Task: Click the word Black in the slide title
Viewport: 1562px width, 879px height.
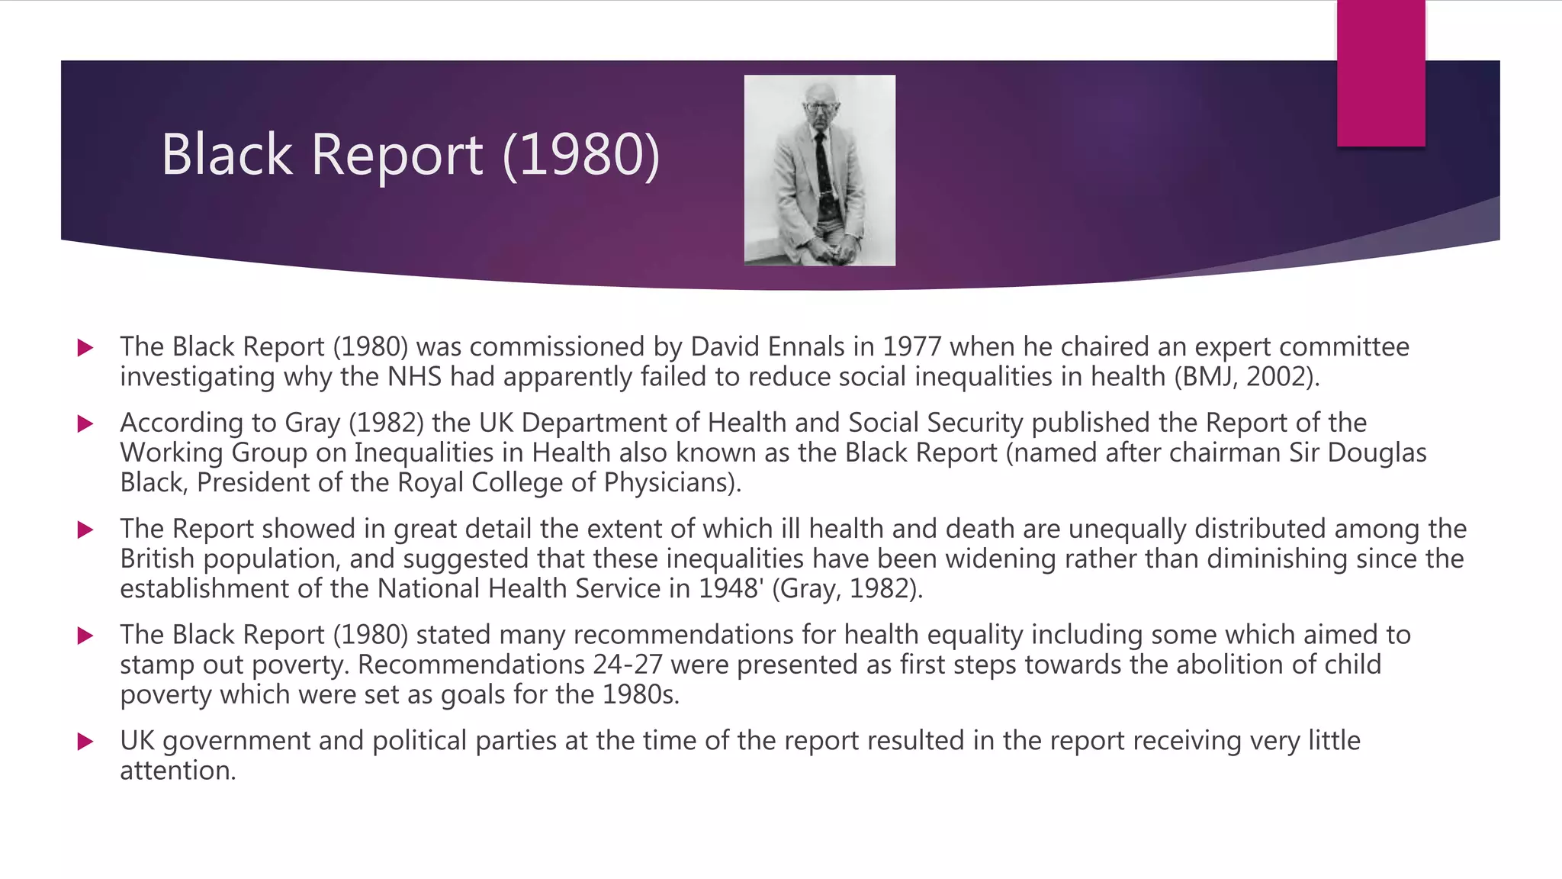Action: (x=227, y=155)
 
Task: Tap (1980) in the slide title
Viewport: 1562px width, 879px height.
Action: (x=581, y=155)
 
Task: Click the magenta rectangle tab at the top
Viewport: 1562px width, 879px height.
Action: (x=1380, y=72)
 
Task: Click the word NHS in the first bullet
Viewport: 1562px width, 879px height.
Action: (x=414, y=377)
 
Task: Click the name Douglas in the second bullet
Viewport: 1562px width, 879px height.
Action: (x=1377, y=453)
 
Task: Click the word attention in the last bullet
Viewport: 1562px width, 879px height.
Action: (x=178, y=771)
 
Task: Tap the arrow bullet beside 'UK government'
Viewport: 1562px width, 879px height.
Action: (x=85, y=741)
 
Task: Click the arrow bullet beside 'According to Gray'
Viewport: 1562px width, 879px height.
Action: (x=85, y=423)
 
